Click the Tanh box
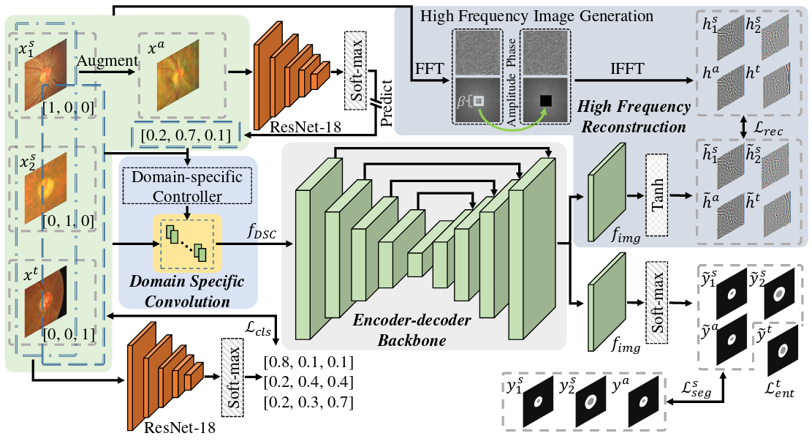(658, 195)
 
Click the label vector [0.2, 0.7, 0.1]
(186, 135)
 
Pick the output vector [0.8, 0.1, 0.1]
(308, 362)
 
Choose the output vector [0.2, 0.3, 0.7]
(308, 402)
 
